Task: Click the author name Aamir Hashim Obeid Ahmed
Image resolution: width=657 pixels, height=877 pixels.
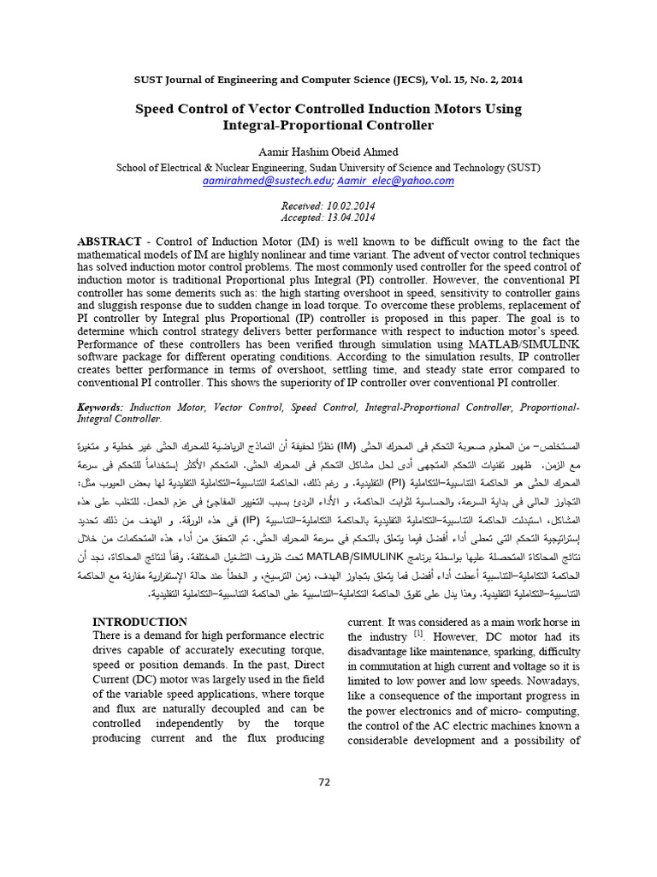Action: (x=328, y=152)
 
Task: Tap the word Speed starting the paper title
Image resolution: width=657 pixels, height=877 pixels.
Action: (x=157, y=109)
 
